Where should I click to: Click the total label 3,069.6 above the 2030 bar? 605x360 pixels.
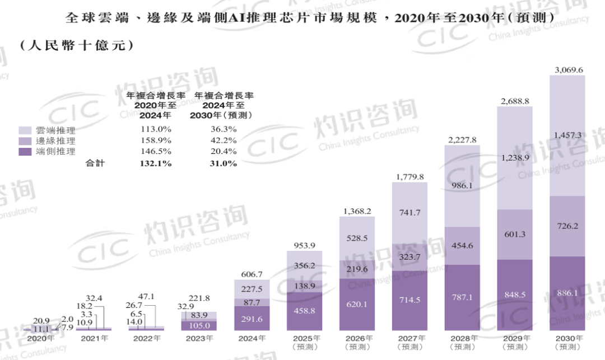(x=568, y=70)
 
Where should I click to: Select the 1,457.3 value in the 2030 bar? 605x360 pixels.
(x=568, y=135)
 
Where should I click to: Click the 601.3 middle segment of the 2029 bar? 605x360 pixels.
(x=515, y=235)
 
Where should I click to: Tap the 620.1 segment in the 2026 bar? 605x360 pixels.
(x=357, y=304)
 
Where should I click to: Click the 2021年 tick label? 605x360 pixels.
(x=95, y=338)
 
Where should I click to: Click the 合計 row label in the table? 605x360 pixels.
(x=95, y=163)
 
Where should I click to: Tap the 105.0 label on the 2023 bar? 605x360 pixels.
(x=199, y=326)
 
